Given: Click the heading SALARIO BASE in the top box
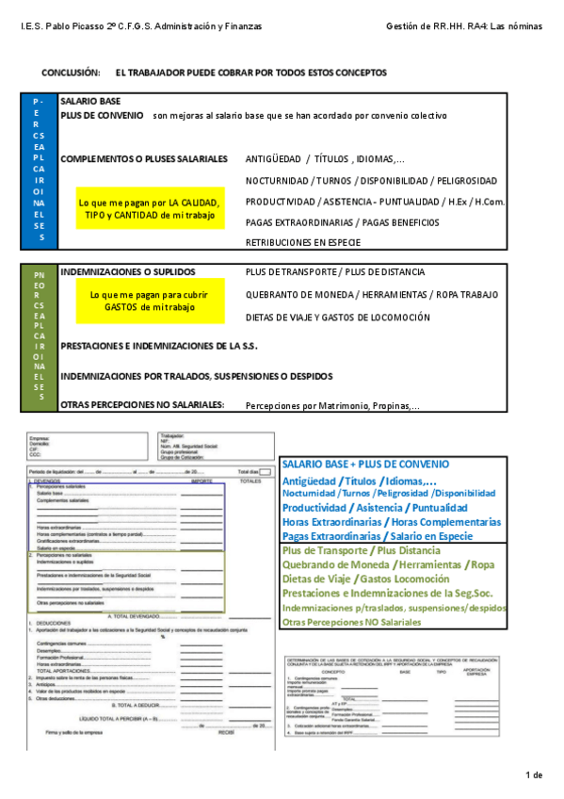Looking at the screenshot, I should (90, 100).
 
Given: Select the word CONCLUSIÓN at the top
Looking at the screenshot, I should (71, 73).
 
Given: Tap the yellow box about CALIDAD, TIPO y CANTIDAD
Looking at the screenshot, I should (150, 209).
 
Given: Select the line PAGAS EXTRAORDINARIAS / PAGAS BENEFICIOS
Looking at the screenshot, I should (342, 222).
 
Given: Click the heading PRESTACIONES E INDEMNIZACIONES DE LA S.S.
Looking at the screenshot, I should (158, 346).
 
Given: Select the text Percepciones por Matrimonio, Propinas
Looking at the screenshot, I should (332, 406).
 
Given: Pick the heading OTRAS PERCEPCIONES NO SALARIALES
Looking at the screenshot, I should (142, 404).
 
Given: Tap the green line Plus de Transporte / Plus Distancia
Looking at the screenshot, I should (361, 550).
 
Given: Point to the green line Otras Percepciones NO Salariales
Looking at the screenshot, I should (364, 623).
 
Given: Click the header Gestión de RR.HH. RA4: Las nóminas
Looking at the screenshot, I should (464, 26).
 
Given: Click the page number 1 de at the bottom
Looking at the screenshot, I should (534, 775).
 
